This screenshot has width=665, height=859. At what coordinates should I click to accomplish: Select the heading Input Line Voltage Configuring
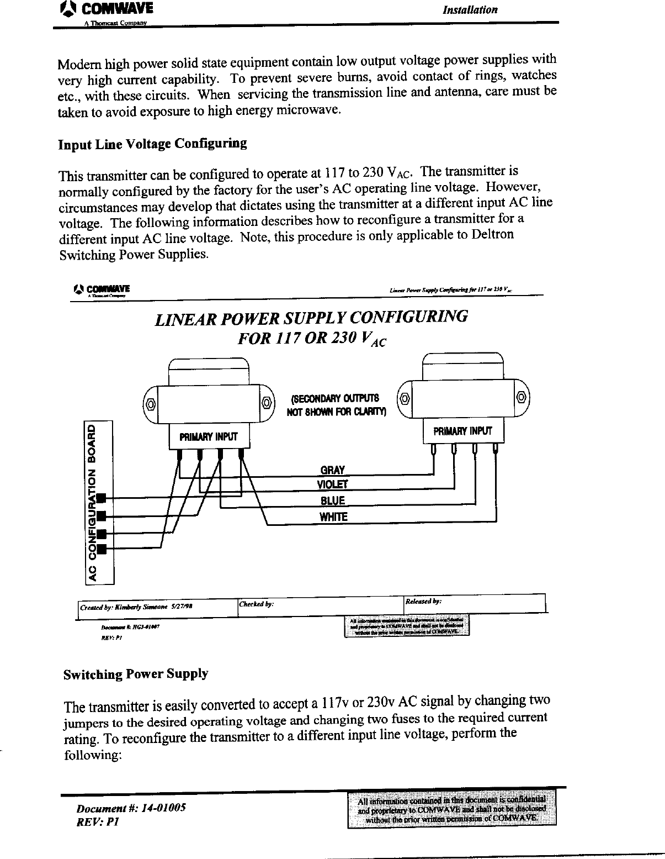(152, 144)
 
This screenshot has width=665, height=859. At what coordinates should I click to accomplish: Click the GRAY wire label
(332, 470)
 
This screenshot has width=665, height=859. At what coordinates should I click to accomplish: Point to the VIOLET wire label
(332, 485)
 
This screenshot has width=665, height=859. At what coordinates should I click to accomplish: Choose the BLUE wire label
(332, 501)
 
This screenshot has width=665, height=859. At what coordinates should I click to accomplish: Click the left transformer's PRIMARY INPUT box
(209, 436)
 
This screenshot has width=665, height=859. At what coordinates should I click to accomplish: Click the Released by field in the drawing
(475, 602)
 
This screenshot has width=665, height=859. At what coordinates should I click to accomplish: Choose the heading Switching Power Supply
(136, 674)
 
